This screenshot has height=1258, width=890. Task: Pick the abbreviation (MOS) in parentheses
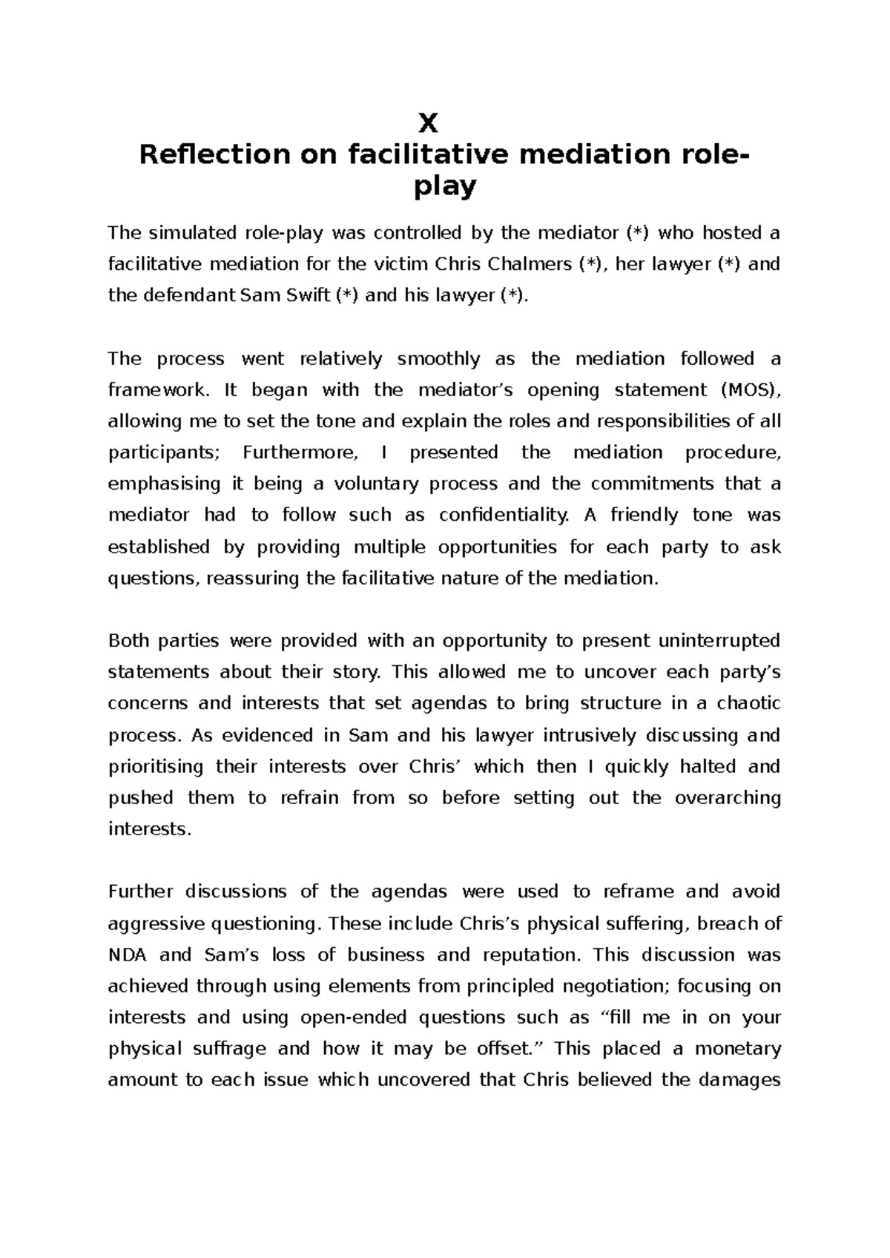[x=750, y=390]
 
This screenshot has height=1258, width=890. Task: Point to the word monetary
[x=738, y=1049]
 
